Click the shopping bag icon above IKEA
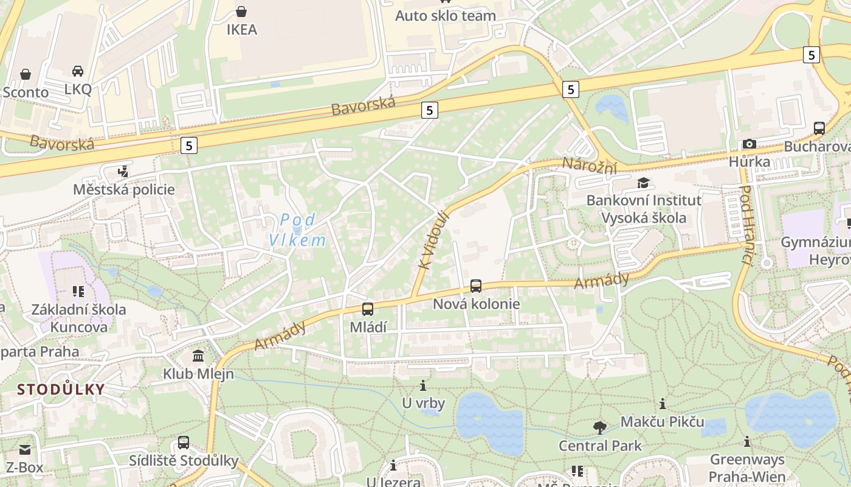coord(241,11)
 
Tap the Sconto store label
coord(26,92)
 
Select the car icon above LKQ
coord(78,71)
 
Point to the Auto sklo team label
coord(446,16)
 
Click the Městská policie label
coord(123,189)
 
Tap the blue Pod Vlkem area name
coord(298,229)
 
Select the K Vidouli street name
coord(433,239)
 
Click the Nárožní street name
coord(589,164)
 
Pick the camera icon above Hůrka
coord(749,144)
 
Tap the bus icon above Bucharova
coord(819,128)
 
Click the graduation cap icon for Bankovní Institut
coord(643,183)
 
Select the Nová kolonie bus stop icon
coord(476,286)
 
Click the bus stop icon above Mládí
coord(368,309)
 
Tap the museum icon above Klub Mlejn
coord(198,356)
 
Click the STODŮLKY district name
coord(61,389)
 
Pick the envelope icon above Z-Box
coord(25,450)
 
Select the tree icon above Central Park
coord(600,427)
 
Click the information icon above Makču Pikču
coord(663,404)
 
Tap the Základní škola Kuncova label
coord(79,318)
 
